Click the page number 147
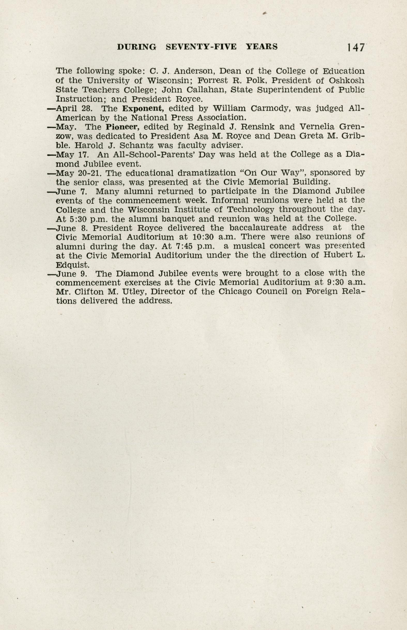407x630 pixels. click(356, 48)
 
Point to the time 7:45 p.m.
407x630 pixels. click(195, 246)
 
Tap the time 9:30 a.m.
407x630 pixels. click(344, 282)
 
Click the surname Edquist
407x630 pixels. click(73, 265)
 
